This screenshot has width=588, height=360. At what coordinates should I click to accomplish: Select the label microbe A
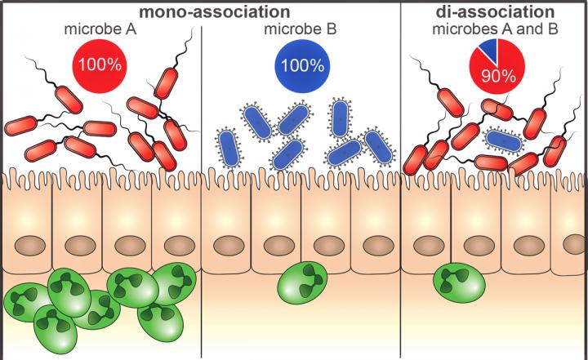click(99, 29)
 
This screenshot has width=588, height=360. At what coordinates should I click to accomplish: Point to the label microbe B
click(299, 29)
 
